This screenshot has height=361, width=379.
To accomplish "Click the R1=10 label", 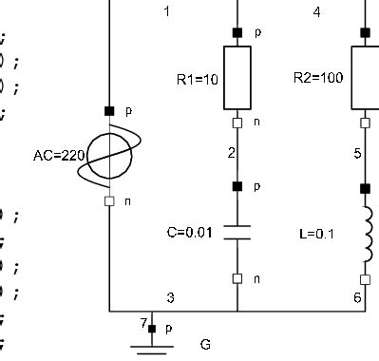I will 198,79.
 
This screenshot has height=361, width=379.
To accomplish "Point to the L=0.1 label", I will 311,232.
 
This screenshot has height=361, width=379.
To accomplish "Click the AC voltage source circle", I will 110,156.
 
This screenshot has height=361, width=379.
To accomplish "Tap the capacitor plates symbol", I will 237,232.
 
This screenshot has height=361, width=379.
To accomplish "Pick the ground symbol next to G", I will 146,344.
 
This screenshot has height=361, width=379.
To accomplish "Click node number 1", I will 168,12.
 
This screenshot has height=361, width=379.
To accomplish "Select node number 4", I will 316,12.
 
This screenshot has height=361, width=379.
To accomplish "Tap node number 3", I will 170,298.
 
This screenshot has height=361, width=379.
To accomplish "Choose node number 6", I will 356,298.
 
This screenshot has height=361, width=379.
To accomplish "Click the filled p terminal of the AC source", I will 110,111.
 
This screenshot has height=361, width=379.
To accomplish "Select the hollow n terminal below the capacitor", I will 237,277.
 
